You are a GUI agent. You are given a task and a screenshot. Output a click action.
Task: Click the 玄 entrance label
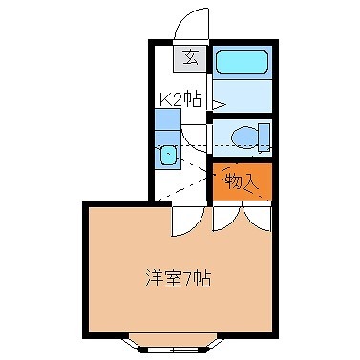coord(190,56)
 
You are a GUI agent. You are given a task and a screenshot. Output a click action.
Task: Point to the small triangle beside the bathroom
coord(218,103)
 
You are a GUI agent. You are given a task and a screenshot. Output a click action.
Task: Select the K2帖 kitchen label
coord(180,97)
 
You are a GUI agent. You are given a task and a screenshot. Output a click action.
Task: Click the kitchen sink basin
coord(168,154)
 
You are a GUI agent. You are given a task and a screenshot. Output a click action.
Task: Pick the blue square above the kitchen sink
coord(166,123)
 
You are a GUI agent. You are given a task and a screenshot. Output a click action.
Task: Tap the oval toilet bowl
coord(244,138)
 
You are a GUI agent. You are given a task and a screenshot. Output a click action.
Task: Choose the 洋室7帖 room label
coord(178,281)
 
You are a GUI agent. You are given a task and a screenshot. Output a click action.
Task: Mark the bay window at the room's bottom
coord(179,342)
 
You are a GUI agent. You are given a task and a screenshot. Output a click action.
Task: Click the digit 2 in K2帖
coord(180,97)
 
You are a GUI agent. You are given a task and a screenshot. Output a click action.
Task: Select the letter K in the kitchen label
coord(166,97)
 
